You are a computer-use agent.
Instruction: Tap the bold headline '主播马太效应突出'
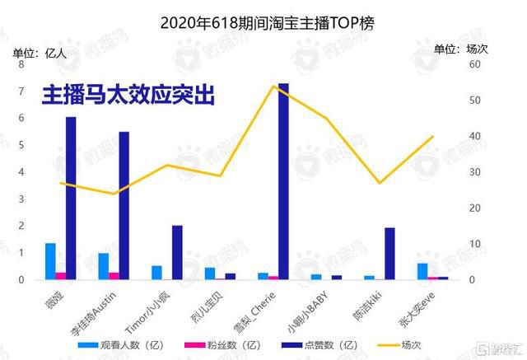[128, 96]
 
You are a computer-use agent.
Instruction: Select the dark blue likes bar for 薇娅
[71, 198]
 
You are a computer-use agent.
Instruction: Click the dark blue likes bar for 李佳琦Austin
[124, 205]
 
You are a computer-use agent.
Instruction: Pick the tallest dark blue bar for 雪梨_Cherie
[283, 181]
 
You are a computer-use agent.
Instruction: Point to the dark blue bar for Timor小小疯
[177, 252]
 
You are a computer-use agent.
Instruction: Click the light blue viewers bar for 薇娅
[50, 261]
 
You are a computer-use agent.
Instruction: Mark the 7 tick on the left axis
[20, 91]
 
